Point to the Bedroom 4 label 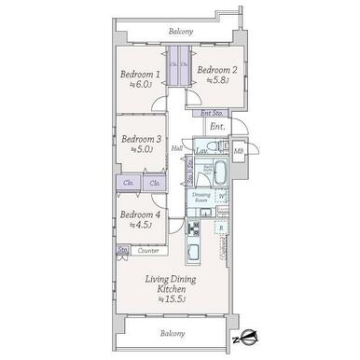point(138,214)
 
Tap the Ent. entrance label point(216,127)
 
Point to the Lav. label point(201,150)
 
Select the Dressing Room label point(201,199)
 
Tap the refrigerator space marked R point(220,228)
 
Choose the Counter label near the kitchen point(147,251)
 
